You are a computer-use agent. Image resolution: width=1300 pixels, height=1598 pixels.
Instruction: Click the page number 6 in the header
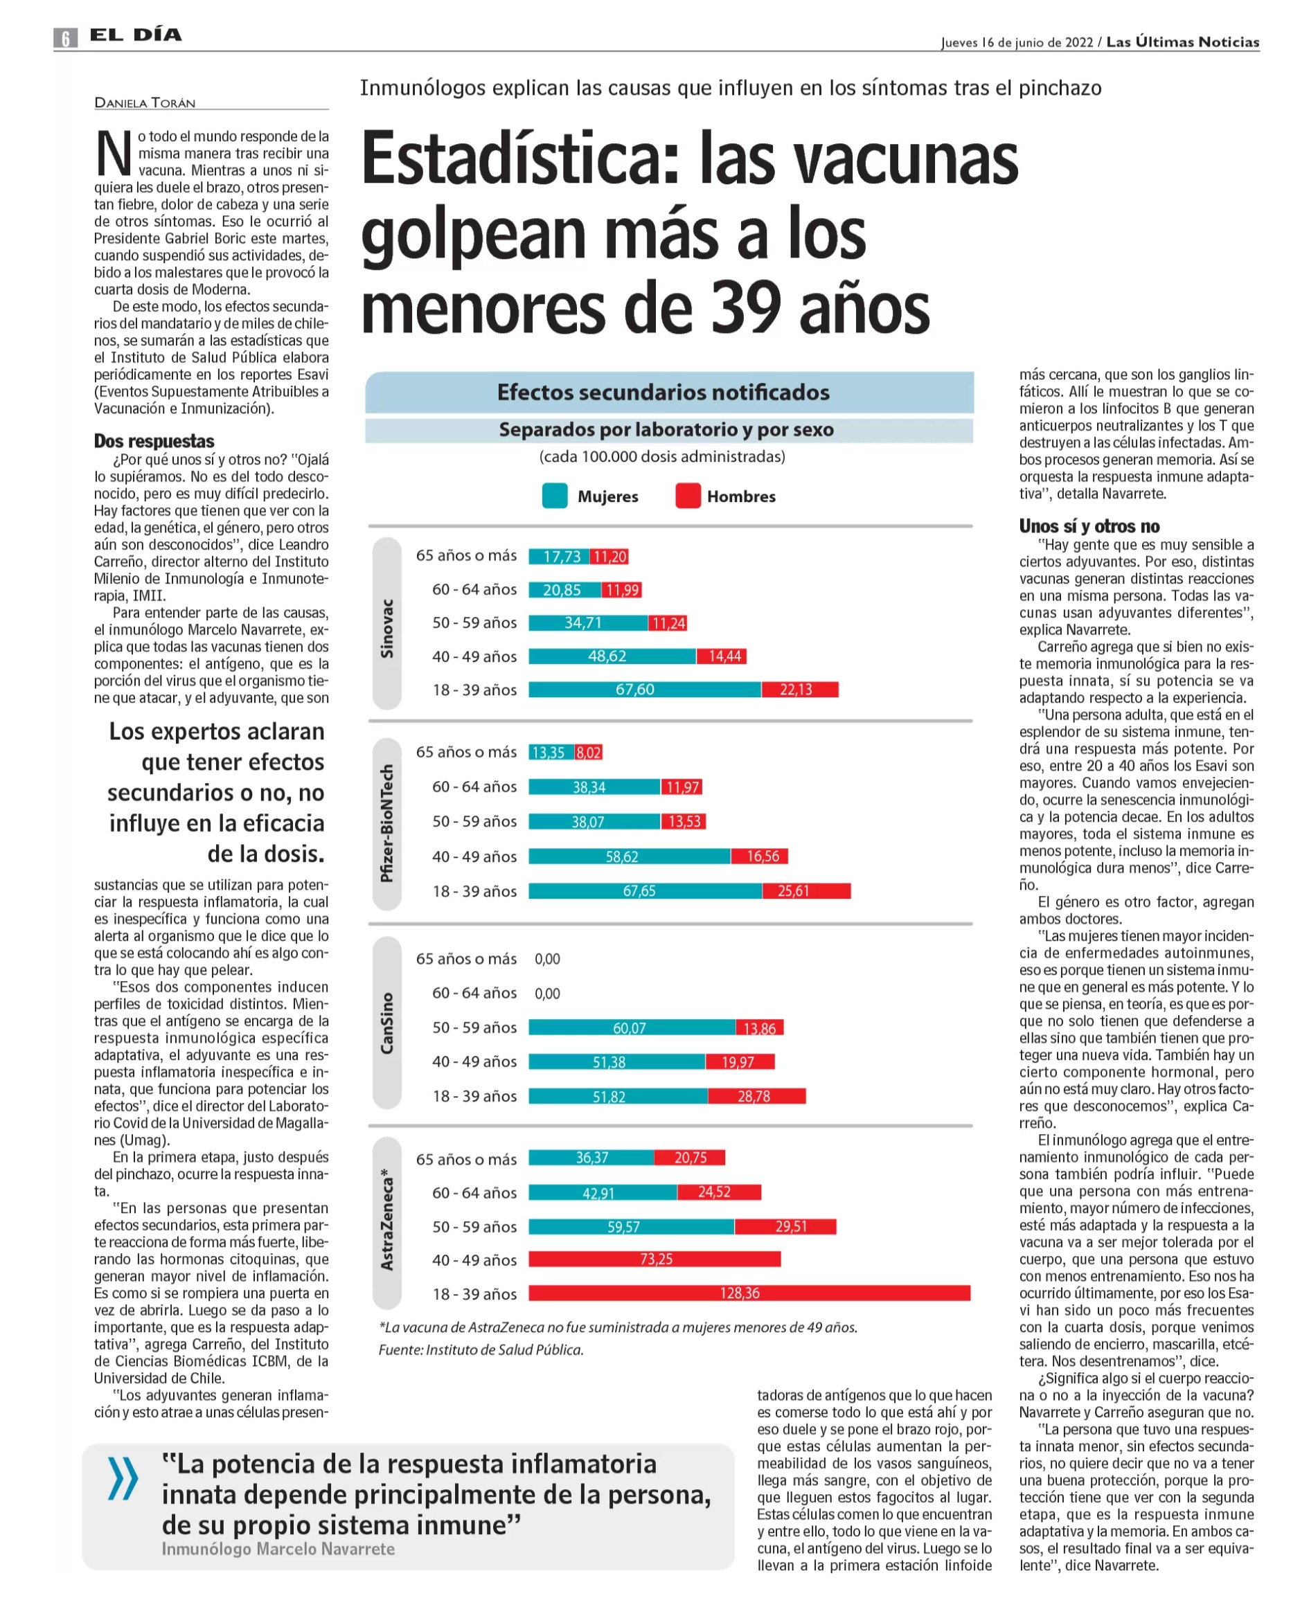coord(65,37)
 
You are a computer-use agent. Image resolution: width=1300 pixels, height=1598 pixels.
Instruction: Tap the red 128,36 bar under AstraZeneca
coord(749,1293)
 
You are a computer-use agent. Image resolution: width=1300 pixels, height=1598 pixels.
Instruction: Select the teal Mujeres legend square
coord(554,496)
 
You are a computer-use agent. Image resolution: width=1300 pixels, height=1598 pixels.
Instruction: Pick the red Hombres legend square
coord(688,496)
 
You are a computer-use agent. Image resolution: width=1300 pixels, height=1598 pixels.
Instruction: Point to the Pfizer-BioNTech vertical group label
coord(386,823)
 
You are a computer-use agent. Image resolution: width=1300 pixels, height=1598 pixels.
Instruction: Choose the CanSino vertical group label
coord(386,1023)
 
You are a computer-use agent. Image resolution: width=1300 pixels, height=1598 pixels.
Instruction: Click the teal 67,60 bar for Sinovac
coord(644,690)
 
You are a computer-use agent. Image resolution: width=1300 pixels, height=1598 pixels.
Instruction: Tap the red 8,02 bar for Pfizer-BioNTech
coord(589,752)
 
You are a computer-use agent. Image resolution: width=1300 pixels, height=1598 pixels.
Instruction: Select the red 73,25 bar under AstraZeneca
coord(655,1259)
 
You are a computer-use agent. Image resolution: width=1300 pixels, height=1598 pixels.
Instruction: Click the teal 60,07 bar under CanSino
coord(631,1027)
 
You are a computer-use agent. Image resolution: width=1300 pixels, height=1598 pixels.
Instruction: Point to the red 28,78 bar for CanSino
coord(756,1097)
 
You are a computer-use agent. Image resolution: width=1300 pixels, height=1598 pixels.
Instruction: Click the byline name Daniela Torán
coord(145,102)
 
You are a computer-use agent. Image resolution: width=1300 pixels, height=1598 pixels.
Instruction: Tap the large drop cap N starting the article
coord(113,154)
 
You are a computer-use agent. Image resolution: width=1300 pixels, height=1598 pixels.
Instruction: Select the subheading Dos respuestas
coord(154,441)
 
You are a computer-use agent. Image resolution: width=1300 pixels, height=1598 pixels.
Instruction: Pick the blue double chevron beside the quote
coord(123,1479)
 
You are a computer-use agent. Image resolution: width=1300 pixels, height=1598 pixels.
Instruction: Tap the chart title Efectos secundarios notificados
coord(664,392)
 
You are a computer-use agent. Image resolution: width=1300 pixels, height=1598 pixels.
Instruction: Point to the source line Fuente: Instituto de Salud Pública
coord(480,1349)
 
